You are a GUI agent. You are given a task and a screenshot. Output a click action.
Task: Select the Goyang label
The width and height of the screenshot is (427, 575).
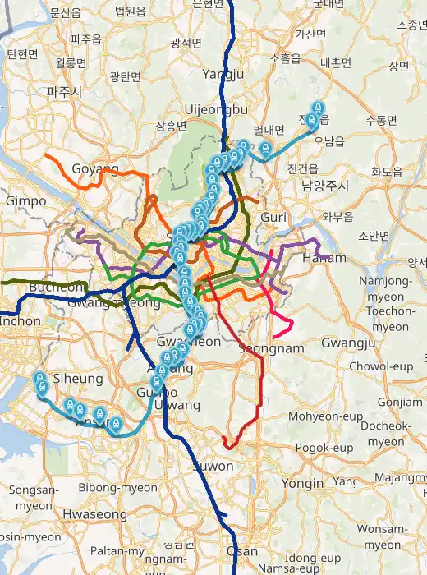95,168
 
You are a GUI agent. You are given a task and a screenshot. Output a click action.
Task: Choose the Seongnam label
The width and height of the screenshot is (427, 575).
271,348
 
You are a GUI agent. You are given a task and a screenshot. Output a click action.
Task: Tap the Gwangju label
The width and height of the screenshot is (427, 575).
348,342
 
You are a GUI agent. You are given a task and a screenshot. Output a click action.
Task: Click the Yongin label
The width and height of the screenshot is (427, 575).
303,483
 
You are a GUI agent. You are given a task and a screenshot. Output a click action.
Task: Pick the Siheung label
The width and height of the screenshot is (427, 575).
77,379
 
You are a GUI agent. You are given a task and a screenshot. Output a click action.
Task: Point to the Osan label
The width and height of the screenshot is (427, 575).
241,551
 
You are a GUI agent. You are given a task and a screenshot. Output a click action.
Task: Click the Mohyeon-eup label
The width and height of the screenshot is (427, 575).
325,416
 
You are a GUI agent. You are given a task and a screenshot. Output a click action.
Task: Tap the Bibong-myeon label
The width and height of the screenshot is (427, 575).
117,487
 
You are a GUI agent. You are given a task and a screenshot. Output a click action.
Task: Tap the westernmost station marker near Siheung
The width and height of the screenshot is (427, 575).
39,382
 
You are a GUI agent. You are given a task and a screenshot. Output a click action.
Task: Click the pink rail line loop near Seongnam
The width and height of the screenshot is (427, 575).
283,324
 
